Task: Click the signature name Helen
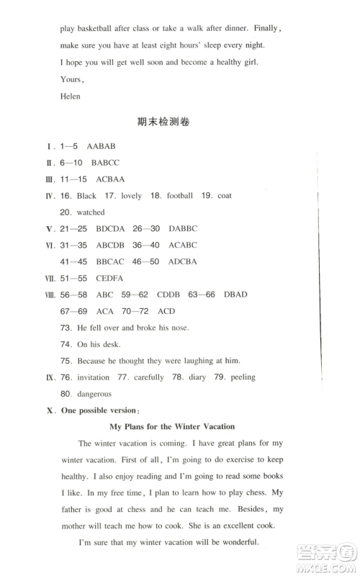click(x=71, y=96)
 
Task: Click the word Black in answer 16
click(x=86, y=196)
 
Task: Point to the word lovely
click(x=132, y=196)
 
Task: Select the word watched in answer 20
click(x=91, y=212)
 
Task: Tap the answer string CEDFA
click(x=109, y=278)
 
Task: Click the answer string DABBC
click(x=183, y=229)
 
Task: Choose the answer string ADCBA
click(x=182, y=261)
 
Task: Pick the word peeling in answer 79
click(x=240, y=377)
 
